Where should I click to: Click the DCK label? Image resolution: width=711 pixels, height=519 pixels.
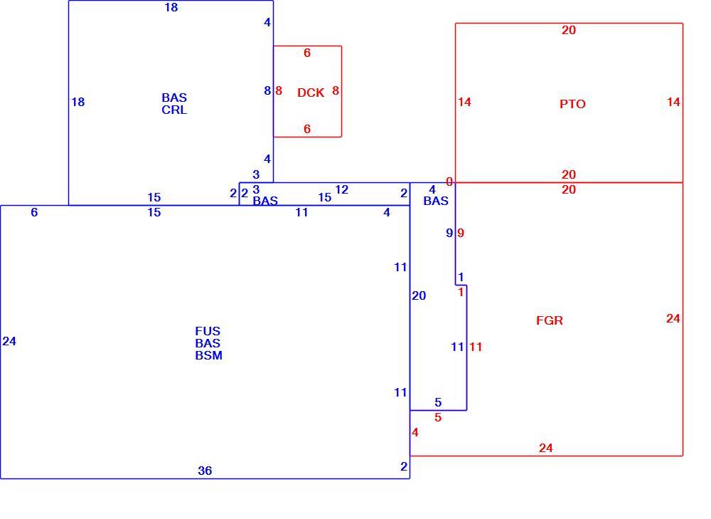click(x=311, y=93)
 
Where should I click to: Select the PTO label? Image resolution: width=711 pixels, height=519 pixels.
click(x=572, y=104)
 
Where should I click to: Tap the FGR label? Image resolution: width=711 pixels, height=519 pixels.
click(x=549, y=320)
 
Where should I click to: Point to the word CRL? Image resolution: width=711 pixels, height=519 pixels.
click(x=174, y=110)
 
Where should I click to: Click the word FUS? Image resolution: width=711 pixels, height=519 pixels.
click(x=208, y=331)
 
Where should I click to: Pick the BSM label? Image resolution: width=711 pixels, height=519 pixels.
click(x=208, y=355)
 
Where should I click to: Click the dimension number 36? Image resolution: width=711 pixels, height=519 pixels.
click(x=205, y=471)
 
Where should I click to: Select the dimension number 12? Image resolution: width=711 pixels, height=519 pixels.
click(x=341, y=189)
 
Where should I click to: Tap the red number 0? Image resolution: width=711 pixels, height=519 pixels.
click(x=449, y=182)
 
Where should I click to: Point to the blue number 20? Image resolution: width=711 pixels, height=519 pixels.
click(x=419, y=295)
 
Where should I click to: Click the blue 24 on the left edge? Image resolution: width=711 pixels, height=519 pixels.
click(x=9, y=341)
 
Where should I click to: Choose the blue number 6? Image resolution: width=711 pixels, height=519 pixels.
click(x=34, y=212)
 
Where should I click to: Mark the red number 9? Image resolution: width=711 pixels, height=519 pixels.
click(x=461, y=233)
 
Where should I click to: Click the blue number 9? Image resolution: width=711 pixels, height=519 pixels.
click(x=449, y=233)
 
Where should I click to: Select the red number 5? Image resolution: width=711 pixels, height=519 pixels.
click(x=438, y=417)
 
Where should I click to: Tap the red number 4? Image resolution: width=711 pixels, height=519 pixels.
click(x=415, y=432)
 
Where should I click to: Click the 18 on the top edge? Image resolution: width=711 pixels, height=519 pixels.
click(x=171, y=7)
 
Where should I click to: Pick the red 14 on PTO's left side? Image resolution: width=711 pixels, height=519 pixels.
click(x=464, y=102)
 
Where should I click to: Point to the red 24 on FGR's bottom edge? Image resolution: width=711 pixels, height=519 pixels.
click(x=546, y=449)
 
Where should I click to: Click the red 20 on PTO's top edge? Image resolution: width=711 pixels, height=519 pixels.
click(x=569, y=30)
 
